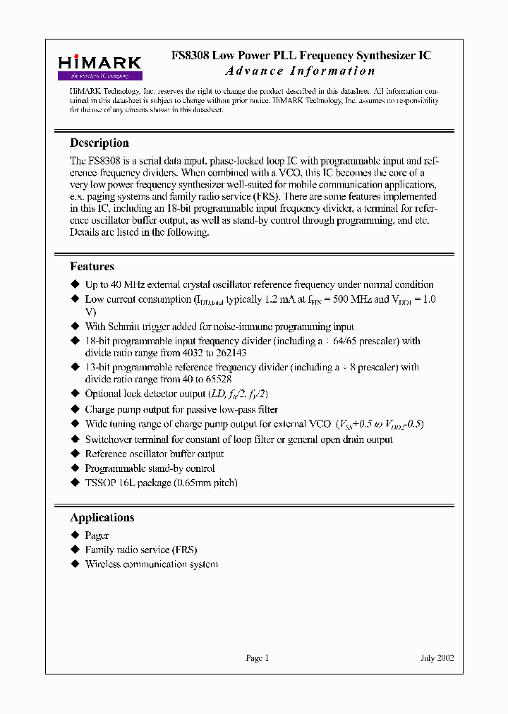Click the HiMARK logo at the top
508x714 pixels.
99,63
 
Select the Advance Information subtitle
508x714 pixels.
300,71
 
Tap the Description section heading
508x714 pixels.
99,143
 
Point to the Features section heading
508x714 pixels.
92,267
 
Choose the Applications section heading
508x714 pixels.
102,517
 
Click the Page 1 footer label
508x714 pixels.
257,658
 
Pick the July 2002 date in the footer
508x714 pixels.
437,658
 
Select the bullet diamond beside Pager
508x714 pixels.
76,535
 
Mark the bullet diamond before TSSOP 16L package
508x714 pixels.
76,483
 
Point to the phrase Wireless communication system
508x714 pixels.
151,564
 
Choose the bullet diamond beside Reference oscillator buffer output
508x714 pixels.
76,454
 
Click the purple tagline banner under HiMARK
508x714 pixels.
99,75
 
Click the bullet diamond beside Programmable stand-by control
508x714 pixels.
76,468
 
